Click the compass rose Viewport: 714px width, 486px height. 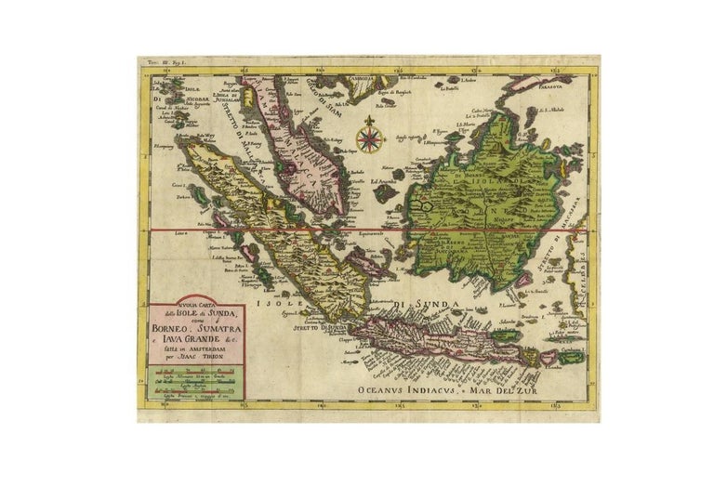(x=370, y=141)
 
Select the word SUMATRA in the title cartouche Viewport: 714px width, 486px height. (x=220, y=326)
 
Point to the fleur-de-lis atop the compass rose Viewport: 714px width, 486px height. (x=370, y=122)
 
